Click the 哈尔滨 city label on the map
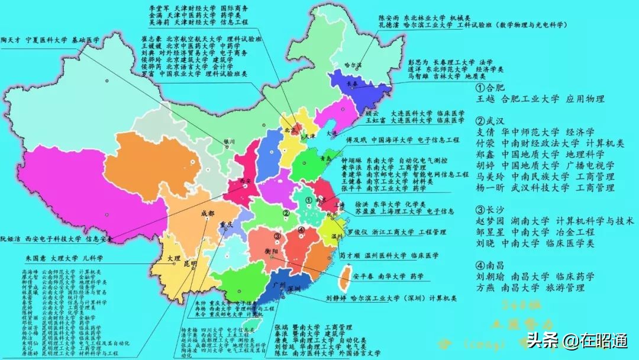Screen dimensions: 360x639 pos(353,64)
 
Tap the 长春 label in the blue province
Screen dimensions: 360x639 pos(353,84)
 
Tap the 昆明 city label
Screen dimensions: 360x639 pos(190,263)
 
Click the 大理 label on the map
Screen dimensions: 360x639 pos(173,259)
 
